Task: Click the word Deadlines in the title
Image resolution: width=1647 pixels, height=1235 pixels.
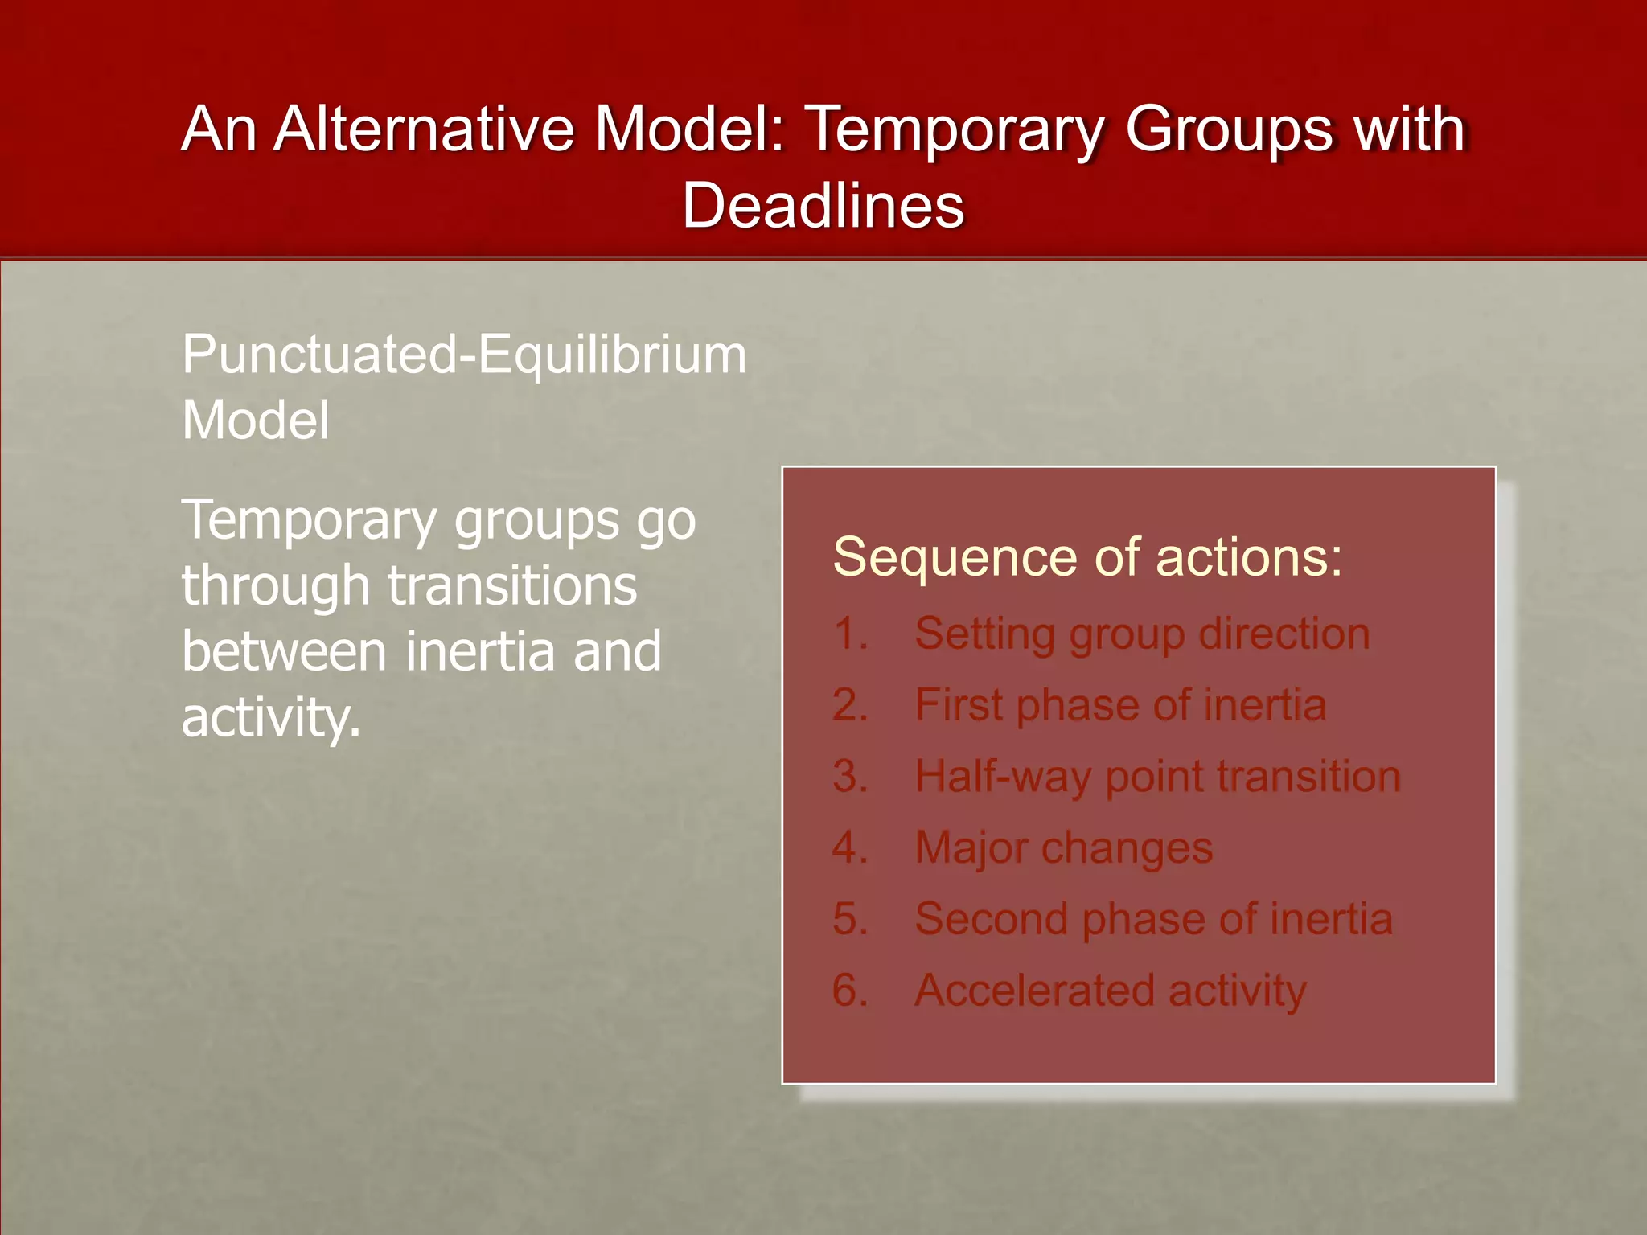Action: (823, 205)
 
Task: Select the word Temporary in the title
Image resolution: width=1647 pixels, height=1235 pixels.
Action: (954, 130)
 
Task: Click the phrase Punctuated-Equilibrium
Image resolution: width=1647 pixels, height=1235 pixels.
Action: (464, 355)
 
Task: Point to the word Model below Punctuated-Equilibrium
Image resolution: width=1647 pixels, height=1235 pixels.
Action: (256, 421)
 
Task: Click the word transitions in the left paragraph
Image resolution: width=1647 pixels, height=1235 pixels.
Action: (512, 585)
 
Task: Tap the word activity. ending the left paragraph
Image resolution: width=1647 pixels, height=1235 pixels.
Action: (271, 717)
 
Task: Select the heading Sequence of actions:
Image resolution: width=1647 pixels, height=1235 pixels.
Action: (1087, 556)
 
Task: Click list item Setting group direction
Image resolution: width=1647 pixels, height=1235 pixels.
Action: (1142, 634)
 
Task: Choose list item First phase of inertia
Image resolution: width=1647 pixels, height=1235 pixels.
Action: (1120, 705)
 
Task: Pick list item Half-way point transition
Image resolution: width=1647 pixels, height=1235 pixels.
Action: (1157, 777)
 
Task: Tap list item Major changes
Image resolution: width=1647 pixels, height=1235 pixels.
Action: (1063, 847)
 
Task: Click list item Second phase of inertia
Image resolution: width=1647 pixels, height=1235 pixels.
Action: (1153, 919)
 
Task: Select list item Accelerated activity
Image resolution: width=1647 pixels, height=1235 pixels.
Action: (1111, 991)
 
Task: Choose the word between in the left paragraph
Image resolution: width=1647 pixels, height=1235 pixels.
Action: (284, 651)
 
